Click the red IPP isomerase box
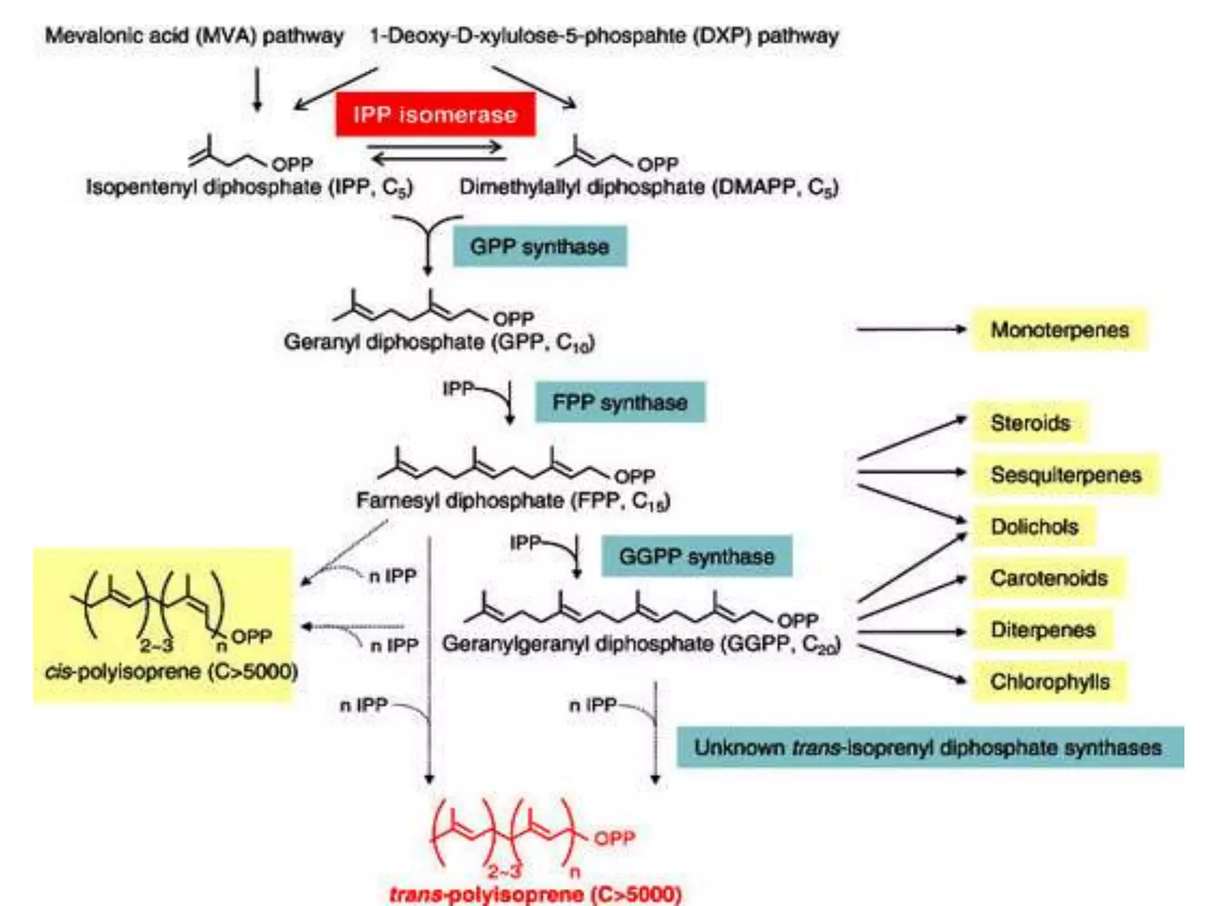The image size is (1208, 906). (x=435, y=114)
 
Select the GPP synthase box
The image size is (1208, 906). (x=539, y=246)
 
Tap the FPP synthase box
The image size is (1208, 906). (x=619, y=402)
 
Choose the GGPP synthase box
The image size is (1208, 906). (x=696, y=556)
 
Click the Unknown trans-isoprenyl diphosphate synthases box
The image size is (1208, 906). (x=929, y=747)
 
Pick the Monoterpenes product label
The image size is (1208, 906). (x=1059, y=330)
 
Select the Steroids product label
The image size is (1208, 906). (x=1030, y=423)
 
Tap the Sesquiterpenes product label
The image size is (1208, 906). (x=1065, y=475)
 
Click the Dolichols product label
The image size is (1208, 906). (x=1034, y=526)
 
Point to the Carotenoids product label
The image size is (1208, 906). (x=1048, y=578)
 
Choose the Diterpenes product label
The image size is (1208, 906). (x=1042, y=630)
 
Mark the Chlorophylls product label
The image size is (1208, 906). (x=1049, y=682)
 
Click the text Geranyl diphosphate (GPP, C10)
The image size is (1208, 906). (x=439, y=342)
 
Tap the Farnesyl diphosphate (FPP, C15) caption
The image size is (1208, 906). (x=513, y=501)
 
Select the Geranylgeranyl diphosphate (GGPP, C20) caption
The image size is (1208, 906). (x=641, y=644)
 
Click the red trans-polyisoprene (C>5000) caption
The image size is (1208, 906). (x=535, y=894)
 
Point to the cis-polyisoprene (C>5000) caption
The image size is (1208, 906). (x=171, y=671)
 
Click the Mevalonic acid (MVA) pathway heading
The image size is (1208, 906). (x=194, y=36)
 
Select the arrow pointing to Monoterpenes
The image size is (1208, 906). (x=911, y=330)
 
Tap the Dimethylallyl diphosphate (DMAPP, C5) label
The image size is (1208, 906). (x=649, y=187)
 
